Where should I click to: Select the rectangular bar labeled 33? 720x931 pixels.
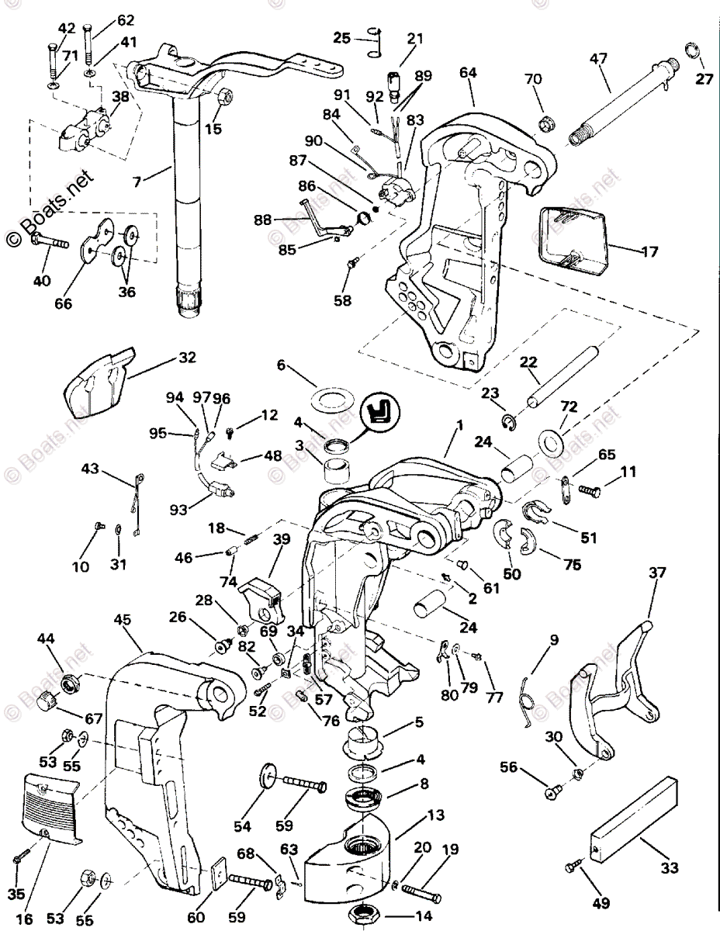tap(637, 822)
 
